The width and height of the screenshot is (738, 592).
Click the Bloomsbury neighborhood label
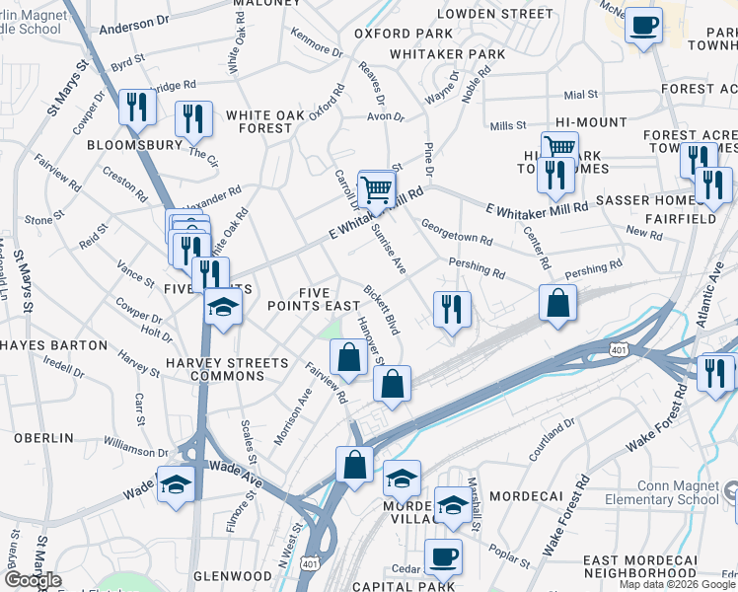[135, 144]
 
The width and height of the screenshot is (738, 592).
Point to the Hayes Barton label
[54, 345]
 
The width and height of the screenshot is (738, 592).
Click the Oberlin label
[44, 437]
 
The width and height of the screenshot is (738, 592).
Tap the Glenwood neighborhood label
[233, 575]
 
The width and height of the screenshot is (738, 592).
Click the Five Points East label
[315, 299]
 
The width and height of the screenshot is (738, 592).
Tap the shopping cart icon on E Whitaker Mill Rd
[376, 186]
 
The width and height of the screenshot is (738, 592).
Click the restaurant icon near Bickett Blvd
[452, 310]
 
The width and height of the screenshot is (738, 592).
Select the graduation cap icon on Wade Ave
[176, 484]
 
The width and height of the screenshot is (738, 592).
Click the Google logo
[33, 580]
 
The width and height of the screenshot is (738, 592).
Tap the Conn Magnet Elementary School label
[677, 492]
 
